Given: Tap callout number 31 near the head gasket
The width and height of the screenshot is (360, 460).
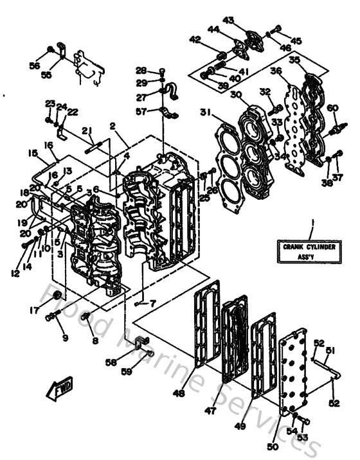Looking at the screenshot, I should (x=205, y=113).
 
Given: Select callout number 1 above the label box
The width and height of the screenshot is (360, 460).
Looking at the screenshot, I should (x=312, y=223).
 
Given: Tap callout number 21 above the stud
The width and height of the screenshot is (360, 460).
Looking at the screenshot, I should (x=86, y=131).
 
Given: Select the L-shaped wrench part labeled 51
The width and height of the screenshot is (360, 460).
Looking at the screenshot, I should (x=325, y=367).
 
